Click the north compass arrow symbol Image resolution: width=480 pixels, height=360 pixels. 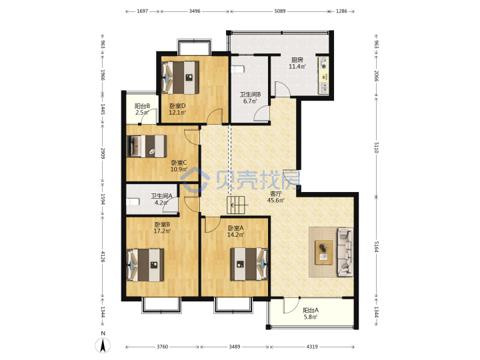pos(103,346)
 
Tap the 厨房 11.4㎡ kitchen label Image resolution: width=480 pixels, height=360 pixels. pos(297,63)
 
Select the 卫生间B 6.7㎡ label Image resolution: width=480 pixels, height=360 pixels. pos(250,97)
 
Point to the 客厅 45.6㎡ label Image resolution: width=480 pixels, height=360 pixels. pos(275,197)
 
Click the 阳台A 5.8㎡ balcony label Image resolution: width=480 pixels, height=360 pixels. pos(311,313)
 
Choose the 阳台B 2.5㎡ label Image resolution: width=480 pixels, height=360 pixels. pos(142,109)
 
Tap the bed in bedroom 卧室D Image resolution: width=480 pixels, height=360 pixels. pos(180,78)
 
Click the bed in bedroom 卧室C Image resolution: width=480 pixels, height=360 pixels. pos(147,146)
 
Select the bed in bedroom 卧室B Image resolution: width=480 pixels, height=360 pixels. pos(145,265)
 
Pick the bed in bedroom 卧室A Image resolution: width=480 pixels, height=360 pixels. pos(249,264)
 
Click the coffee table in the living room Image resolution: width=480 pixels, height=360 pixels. pos(324,252)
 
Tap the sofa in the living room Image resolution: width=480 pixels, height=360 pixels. pos(345,252)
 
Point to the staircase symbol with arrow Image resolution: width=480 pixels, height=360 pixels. pos(236,205)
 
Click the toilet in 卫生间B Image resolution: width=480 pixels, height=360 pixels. pos(238,69)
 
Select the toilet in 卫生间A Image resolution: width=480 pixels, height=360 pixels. pos(133,202)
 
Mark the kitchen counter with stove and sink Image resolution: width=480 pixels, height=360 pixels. pos(324,75)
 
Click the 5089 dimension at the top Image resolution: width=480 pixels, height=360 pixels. pos(280,11)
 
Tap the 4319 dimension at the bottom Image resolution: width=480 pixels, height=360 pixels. pos(312,347)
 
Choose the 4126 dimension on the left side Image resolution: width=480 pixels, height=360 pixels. pos(103,257)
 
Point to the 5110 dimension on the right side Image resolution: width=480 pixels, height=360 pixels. pos(377,147)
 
